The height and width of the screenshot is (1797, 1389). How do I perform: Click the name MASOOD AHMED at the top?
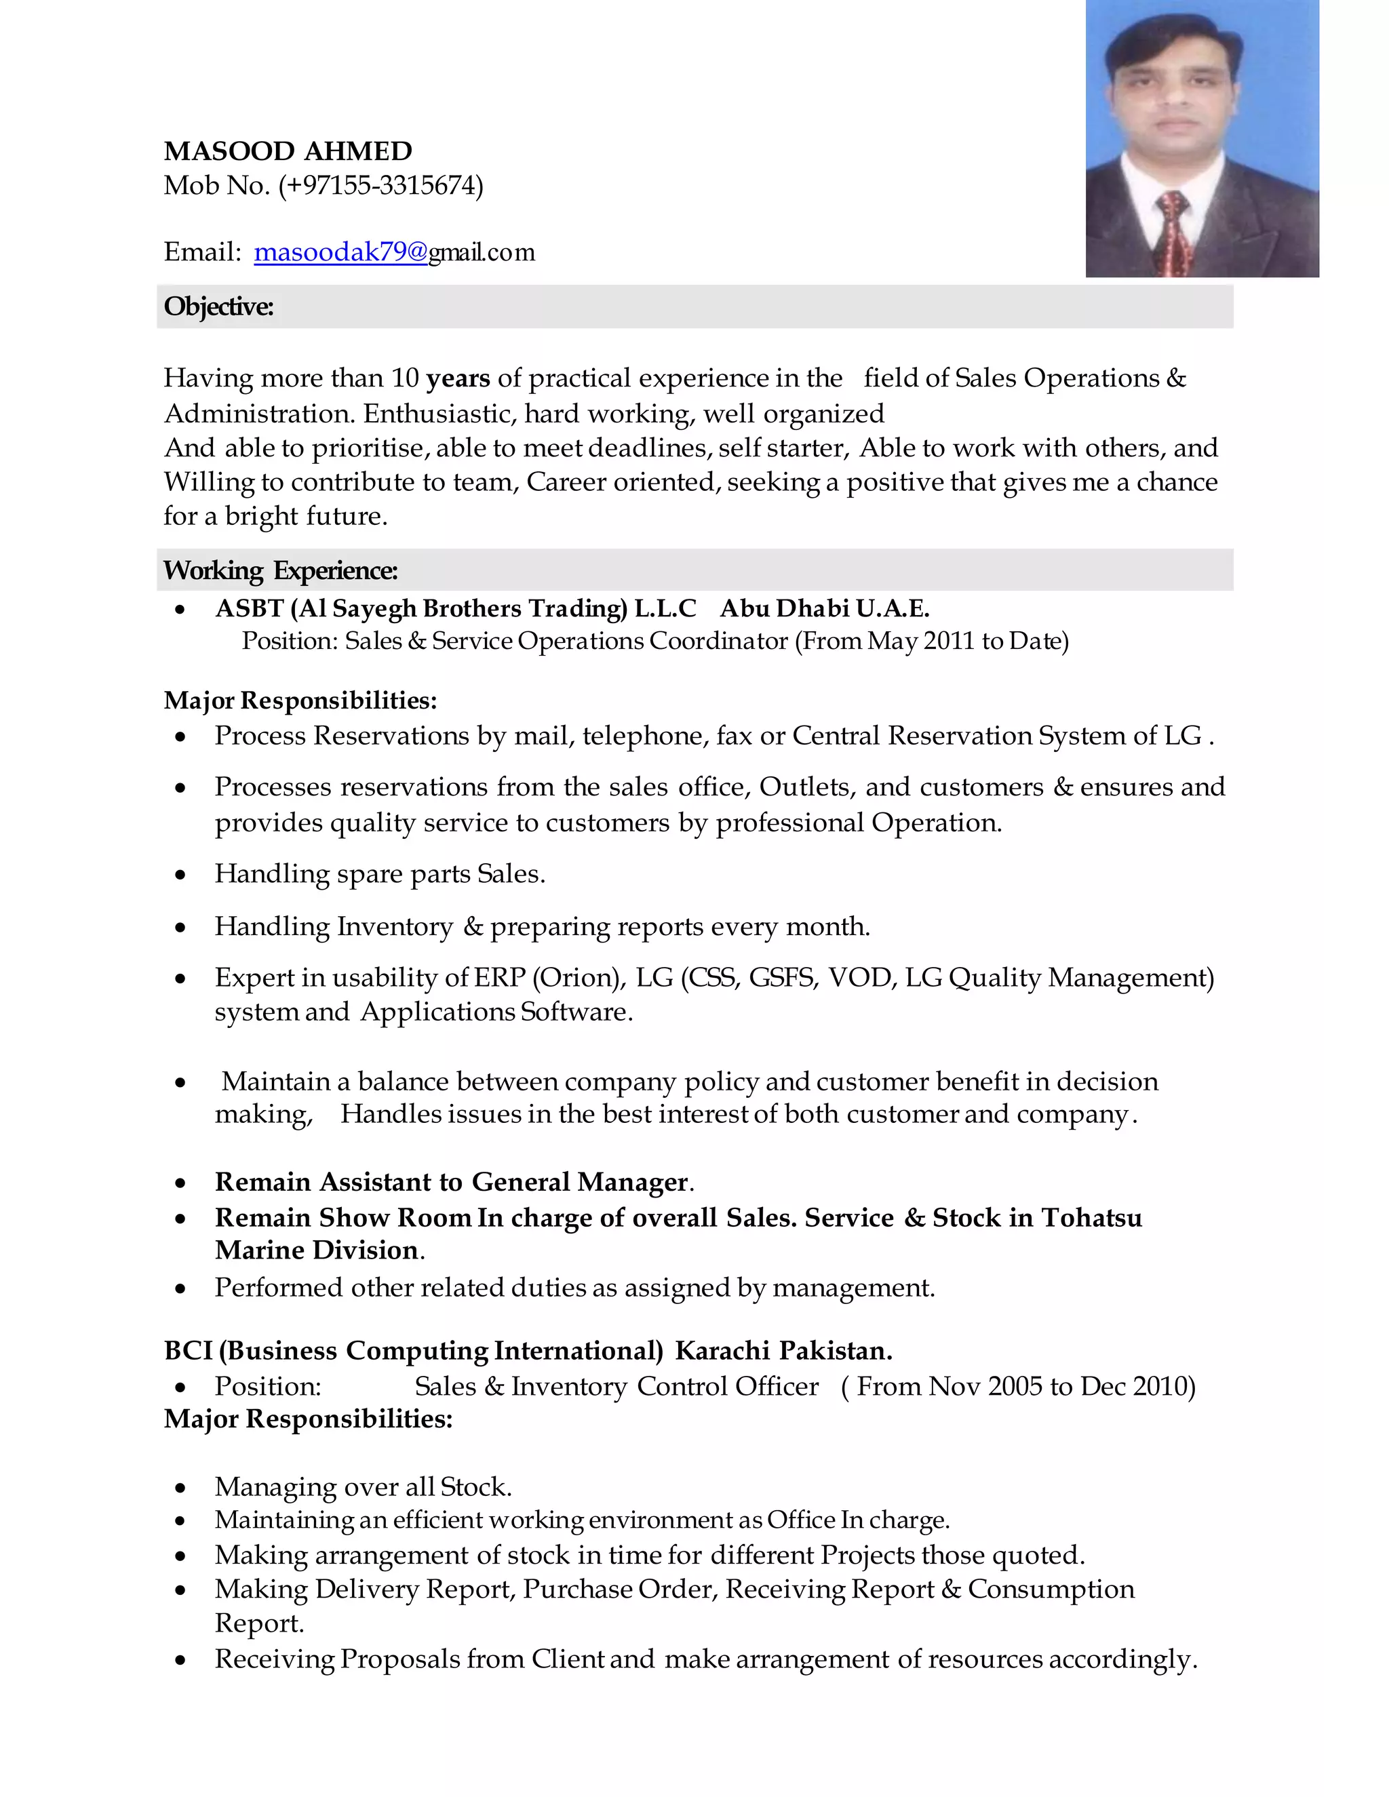(288, 151)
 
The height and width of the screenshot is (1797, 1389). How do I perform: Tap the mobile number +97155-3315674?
(381, 186)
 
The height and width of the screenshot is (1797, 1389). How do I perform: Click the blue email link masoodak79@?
(340, 252)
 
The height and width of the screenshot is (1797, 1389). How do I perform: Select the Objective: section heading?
(218, 307)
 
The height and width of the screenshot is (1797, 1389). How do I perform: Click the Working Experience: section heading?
(280, 571)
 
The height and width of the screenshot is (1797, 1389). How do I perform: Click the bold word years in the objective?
(458, 378)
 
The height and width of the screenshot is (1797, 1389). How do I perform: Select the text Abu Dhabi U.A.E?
(825, 609)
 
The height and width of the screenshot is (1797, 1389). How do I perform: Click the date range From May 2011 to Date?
(931, 641)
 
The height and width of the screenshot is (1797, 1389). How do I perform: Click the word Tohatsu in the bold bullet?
(1091, 1218)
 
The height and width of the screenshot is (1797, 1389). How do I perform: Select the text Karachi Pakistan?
(783, 1351)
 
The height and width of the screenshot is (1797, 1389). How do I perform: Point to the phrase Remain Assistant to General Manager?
(452, 1183)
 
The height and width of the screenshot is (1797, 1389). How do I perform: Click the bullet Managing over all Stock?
(363, 1487)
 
